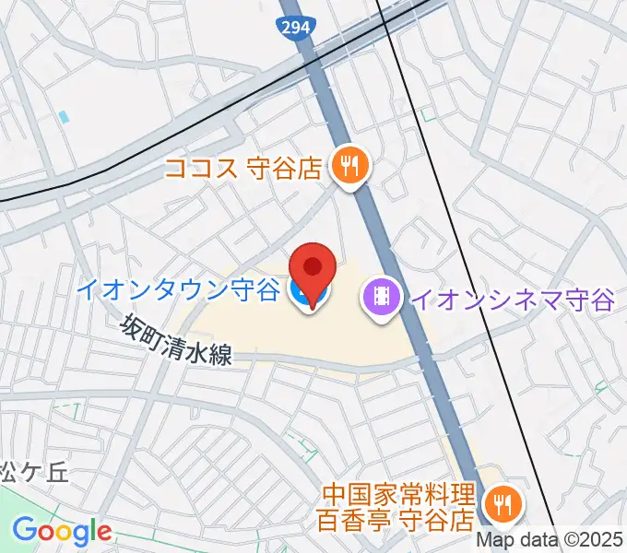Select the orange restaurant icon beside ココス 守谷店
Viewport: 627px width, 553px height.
coord(349,166)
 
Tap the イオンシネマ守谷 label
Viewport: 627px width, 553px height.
coord(512,298)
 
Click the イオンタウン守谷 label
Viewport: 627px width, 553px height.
coord(177,291)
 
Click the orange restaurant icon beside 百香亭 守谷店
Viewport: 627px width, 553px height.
coord(503,503)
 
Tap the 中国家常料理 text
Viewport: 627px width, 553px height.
coord(396,495)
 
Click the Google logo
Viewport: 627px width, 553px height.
coord(62,531)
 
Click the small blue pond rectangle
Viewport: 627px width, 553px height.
coord(64,118)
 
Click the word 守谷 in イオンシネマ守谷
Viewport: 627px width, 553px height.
coord(591,298)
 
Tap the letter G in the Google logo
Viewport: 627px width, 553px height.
coord(23,531)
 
